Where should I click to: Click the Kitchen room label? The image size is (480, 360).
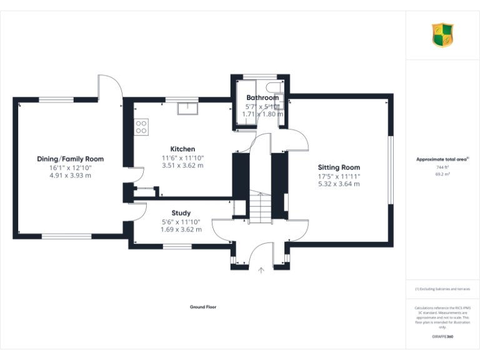182,149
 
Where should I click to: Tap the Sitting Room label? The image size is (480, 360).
339,167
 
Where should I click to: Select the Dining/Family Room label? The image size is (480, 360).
70,159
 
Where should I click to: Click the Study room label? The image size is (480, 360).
181,213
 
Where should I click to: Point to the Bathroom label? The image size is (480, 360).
262,98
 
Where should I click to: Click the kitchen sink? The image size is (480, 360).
187,109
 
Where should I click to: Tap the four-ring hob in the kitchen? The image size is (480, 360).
142,127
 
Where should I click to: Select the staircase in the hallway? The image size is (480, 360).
261,206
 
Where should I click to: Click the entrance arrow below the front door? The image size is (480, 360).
261,270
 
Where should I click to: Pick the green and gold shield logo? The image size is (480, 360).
442,35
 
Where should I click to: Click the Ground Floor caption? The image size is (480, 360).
203,307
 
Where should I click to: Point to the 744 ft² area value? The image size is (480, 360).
442,167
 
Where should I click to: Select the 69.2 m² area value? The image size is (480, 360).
442,175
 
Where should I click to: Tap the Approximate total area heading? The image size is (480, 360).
442,159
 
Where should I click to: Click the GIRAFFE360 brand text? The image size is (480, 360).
442,337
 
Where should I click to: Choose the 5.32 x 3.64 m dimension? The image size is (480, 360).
339,184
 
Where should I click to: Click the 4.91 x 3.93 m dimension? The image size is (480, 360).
70,176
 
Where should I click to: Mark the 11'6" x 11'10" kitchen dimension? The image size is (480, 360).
182,157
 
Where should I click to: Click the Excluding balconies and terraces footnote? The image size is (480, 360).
442,289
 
